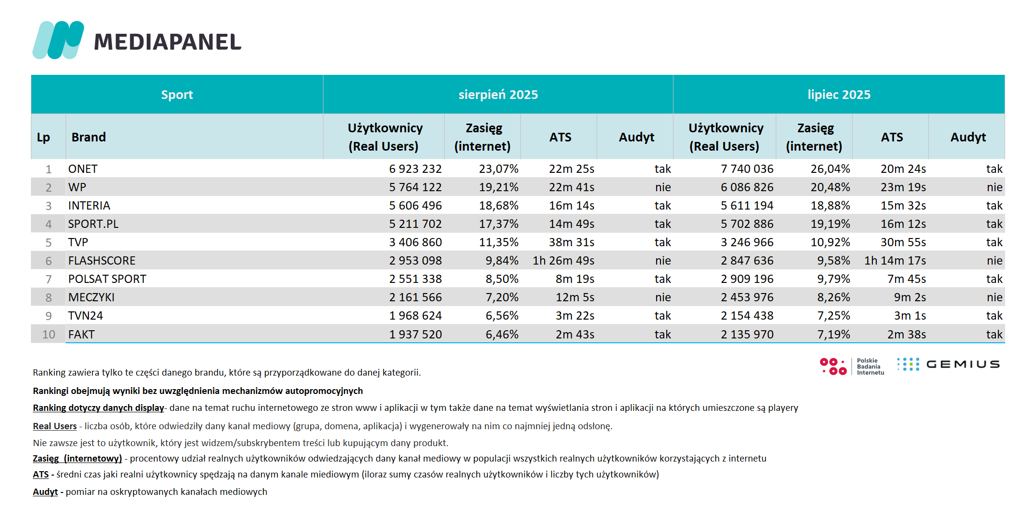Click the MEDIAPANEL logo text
(x=168, y=42)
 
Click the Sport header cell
(x=177, y=95)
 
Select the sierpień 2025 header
(x=498, y=95)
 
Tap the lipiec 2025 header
(x=839, y=95)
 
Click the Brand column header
(x=89, y=137)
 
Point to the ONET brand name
(x=83, y=169)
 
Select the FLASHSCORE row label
(x=102, y=261)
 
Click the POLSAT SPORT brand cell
(x=107, y=279)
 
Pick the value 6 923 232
(x=415, y=169)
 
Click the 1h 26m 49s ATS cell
(x=563, y=261)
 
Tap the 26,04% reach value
(x=830, y=169)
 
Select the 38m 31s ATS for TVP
(x=572, y=242)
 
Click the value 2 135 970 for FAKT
(x=747, y=335)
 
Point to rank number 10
(x=49, y=335)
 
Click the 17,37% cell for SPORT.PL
(x=499, y=224)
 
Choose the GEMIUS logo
(x=948, y=364)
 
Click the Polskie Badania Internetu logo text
(x=870, y=366)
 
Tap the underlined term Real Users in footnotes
(x=55, y=426)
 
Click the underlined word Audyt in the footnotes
(x=45, y=491)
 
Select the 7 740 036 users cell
(x=747, y=169)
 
